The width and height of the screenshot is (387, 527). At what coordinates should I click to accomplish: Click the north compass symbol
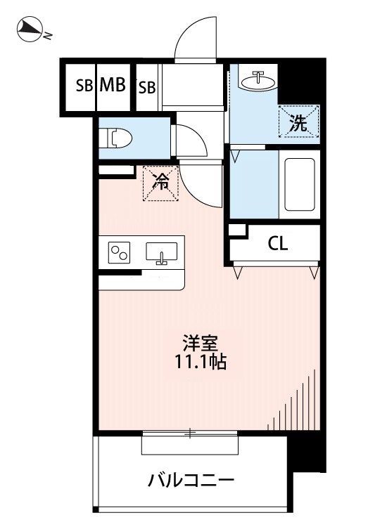click(x=30, y=29)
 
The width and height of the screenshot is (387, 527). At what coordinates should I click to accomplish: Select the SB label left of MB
click(x=84, y=86)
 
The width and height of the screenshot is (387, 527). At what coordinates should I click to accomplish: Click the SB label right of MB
click(x=146, y=86)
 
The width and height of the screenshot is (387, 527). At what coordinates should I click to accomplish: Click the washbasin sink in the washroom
click(x=256, y=80)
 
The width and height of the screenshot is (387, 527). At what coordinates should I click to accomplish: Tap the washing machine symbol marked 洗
click(x=298, y=123)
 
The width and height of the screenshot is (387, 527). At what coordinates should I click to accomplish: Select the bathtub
click(x=300, y=185)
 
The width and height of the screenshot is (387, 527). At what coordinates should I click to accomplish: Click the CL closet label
click(x=277, y=244)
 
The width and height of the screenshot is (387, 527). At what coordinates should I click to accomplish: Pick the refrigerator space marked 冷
click(x=161, y=183)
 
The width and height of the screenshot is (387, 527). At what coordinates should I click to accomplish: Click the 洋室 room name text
click(x=201, y=344)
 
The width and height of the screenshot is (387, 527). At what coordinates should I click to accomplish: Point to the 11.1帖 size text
click(x=201, y=363)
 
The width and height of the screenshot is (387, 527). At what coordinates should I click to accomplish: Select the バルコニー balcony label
click(x=190, y=482)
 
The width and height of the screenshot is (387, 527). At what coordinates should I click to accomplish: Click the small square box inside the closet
click(x=237, y=230)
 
